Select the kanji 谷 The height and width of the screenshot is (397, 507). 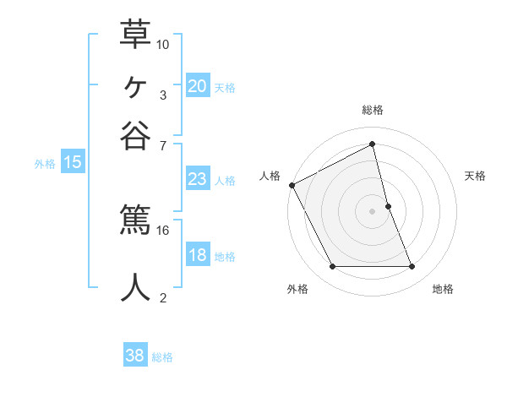point(135,136)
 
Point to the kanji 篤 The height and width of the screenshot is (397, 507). point(135,221)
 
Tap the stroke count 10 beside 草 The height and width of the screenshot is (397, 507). point(163,43)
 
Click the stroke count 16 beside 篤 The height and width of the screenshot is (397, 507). point(163,230)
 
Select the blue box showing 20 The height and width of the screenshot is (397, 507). point(197,85)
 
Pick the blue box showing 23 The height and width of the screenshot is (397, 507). point(197,179)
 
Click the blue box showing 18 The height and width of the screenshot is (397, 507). point(197,255)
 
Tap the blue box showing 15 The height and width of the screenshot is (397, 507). point(72,162)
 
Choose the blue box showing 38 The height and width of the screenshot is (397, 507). point(134,356)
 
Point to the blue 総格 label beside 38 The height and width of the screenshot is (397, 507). point(162,357)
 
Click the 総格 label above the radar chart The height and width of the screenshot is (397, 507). point(373,110)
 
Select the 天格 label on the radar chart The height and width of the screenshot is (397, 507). point(476,176)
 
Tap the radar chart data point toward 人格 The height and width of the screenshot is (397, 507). point(292,185)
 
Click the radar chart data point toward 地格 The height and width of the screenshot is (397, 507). point(412,267)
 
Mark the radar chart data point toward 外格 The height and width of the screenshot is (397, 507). point(332,267)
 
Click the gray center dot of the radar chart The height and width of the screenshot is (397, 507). point(373,211)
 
